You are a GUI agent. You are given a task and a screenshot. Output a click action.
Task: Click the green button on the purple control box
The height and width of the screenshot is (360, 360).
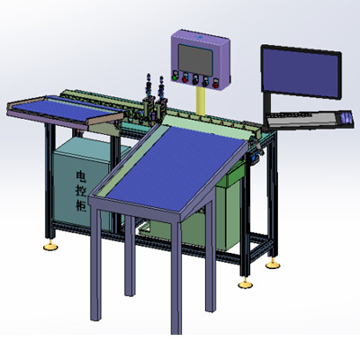point(175,78)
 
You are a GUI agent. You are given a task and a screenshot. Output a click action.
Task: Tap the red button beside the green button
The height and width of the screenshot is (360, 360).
point(184,79)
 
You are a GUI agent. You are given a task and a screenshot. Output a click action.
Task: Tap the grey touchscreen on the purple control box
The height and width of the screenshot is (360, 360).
point(195,59)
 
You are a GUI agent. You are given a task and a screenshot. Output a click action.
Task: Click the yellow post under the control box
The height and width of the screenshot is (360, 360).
point(201,101)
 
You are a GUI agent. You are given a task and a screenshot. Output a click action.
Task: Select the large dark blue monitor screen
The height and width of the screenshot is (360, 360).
point(301,73)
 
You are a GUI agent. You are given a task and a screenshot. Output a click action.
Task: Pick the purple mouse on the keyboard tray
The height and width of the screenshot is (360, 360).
point(346,117)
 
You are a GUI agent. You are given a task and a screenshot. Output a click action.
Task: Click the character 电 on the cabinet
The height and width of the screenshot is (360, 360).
point(81,176)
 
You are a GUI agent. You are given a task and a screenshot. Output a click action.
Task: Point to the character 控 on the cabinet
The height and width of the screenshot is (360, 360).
point(82,191)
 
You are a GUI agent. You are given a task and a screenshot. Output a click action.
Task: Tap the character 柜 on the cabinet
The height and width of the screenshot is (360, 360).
point(81,205)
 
